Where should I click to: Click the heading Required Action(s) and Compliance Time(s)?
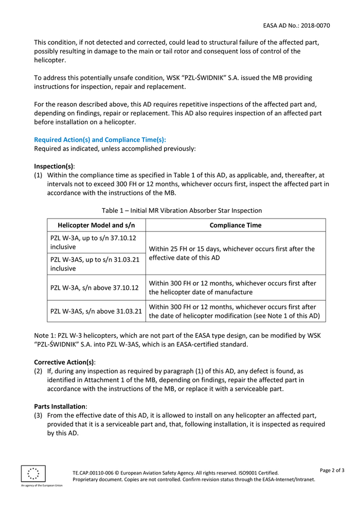[100, 139]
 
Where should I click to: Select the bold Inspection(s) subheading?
[54, 166]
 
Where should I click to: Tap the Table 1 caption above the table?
[182, 210]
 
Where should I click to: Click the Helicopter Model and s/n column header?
[97, 225]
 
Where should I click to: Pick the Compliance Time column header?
[236, 225]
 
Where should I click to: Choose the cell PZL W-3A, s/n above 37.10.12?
[95, 288]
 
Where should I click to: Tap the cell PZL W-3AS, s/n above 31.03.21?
[96, 311]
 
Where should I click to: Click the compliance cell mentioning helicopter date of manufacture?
[232, 287]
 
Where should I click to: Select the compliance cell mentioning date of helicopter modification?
[234, 311]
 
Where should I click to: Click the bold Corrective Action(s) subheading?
[64, 361]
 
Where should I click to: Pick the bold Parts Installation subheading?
[60, 406]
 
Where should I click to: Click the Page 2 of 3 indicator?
[332, 470]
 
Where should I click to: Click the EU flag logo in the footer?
[33, 474]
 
